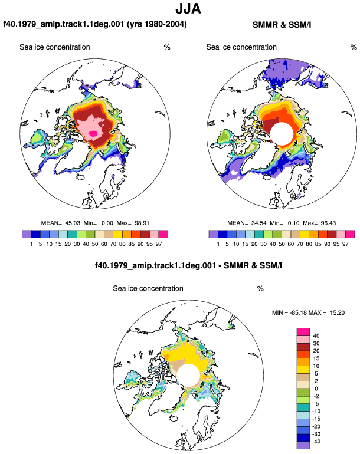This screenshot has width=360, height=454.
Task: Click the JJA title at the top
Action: click(x=188, y=9)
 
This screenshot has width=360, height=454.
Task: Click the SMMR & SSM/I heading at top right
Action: click(x=282, y=25)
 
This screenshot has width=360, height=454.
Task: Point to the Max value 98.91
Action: click(x=142, y=223)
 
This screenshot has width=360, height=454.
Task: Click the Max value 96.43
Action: click(x=328, y=223)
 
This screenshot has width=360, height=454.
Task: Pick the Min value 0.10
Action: click(x=294, y=223)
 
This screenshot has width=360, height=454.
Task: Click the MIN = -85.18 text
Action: click(x=290, y=312)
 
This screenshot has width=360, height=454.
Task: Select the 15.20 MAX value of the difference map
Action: click(x=338, y=312)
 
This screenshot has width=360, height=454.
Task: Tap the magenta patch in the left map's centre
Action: click(x=93, y=133)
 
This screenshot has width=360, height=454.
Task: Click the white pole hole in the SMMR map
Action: click(x=282, y=133)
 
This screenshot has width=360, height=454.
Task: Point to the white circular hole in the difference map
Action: click(x=189, y=375)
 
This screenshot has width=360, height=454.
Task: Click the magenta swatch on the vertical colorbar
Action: click(x=303, y=332)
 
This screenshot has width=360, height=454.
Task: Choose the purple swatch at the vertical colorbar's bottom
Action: click(x=303, y=445)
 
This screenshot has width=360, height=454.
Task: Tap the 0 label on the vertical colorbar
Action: click(x=316, y=389)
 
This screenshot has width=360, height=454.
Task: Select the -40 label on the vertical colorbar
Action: click(x=316, y=442)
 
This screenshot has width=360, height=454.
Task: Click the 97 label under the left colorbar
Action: click(x=159, y=244)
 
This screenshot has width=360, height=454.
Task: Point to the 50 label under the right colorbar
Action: click(x=282, y=244)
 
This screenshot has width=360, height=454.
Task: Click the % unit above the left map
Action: click(x=167, y=47)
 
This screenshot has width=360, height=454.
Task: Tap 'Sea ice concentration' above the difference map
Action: click(x=148, y=289)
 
